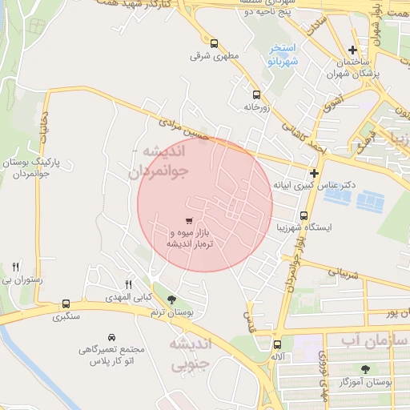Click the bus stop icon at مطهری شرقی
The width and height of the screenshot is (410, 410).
(x=214, y=43)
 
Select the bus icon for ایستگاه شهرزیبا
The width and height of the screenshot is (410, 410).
(x=303, y=215)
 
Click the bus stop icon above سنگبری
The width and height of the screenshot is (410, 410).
(x=65, y=304)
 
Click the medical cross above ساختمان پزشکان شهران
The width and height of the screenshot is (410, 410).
(x=352, y=50)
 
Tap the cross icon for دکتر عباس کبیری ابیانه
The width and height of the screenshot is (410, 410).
(x=315, y=173)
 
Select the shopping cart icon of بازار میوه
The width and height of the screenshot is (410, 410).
(x=188, y=220)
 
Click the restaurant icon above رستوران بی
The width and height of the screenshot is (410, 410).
(x=15, y=267)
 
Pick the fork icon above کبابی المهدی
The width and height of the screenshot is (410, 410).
(x=128, y=284)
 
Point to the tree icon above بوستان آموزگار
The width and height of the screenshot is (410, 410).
(x=365, y=369)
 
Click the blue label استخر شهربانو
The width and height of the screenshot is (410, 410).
(x=283, y=54)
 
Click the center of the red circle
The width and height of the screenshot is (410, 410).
(x=205, y=204)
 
